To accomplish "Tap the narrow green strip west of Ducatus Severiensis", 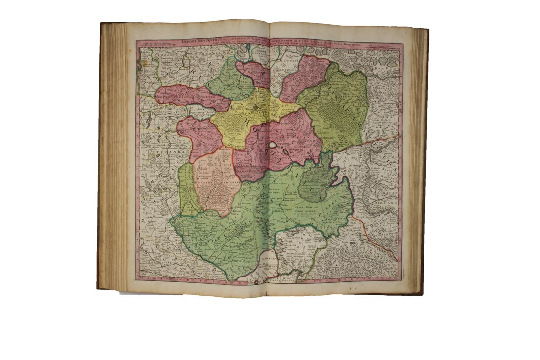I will pyautogui.click(x=187, y=189).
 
